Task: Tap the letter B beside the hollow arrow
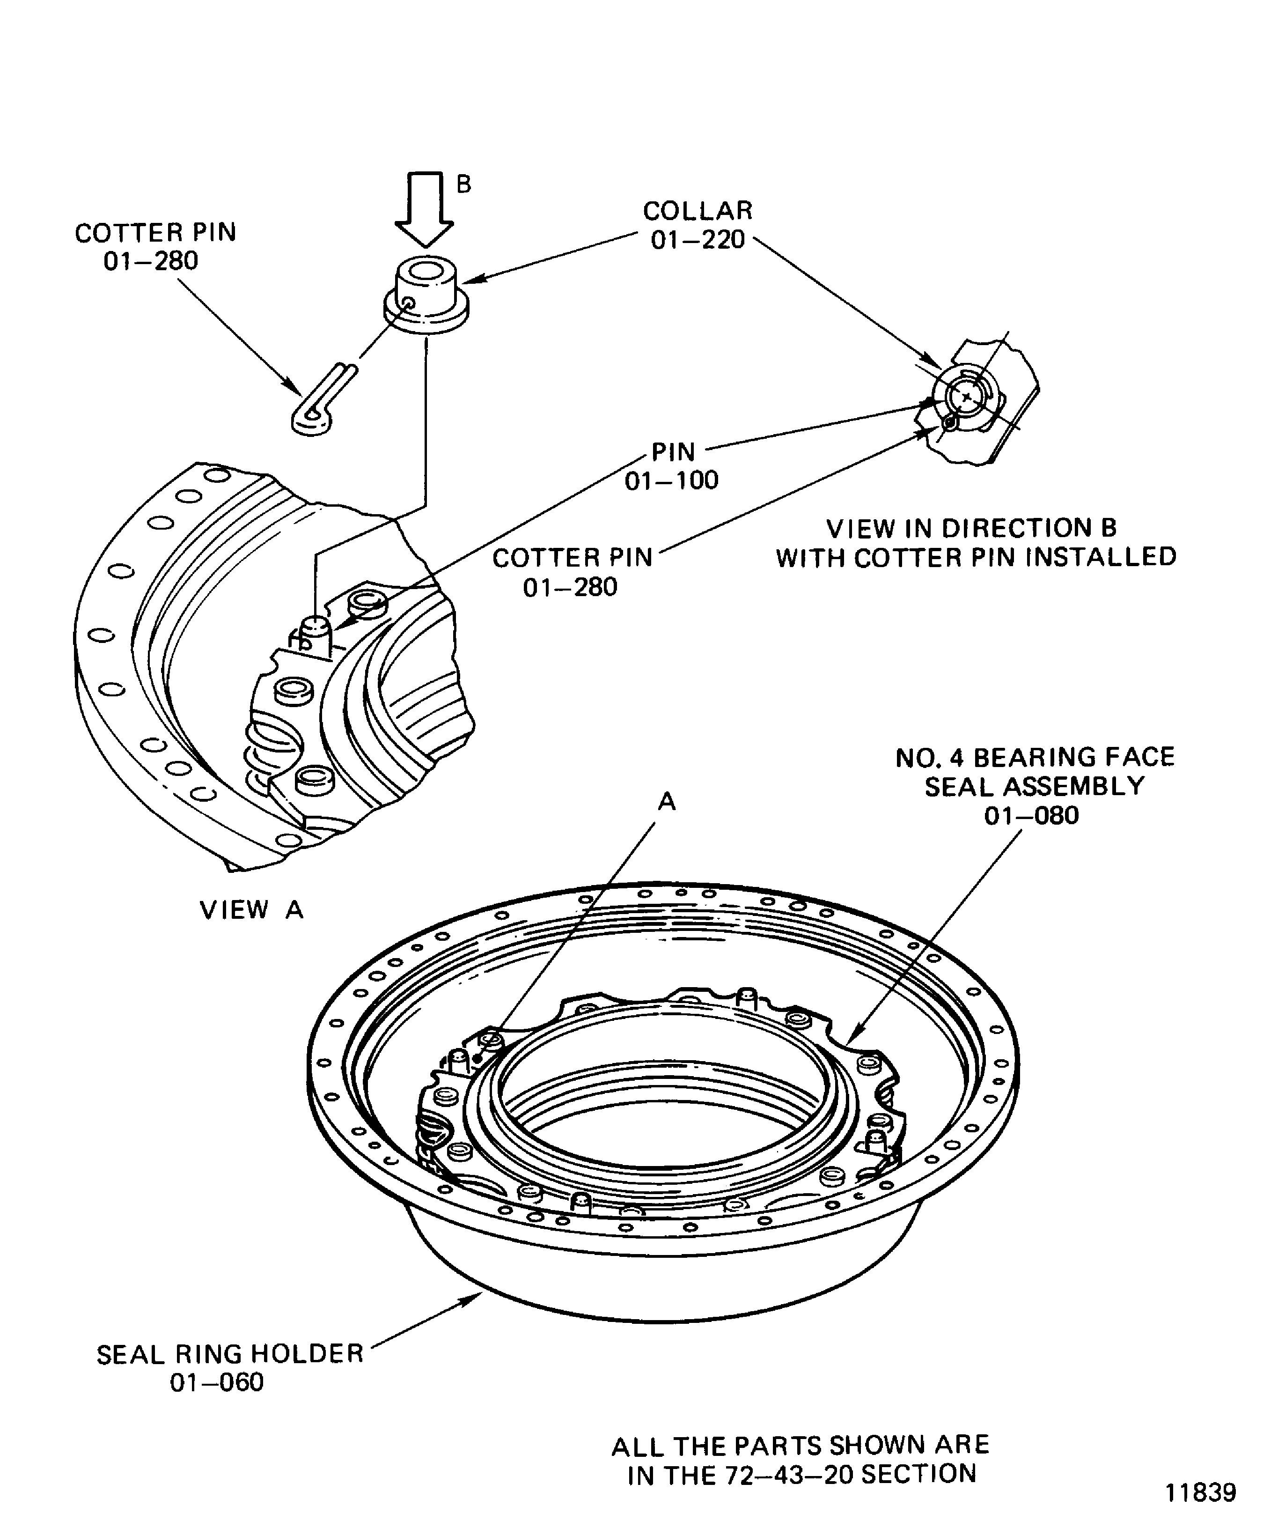point(463,185)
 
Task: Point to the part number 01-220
point(698,240)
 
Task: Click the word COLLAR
point(698,211)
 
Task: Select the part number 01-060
point(217,1382)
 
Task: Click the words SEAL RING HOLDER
point(230,1354)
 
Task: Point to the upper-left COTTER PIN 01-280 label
point(155,247)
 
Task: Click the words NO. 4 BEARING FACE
point(1034,758)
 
